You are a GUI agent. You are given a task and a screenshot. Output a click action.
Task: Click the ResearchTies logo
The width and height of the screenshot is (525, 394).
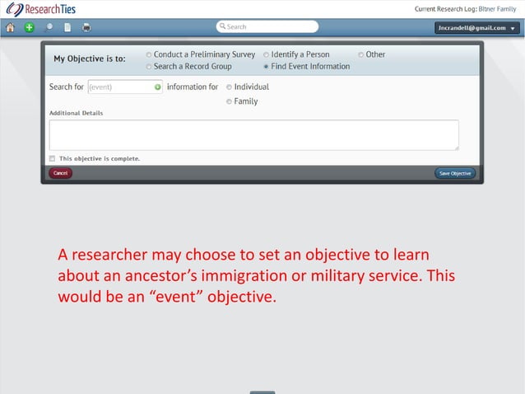(40, 9)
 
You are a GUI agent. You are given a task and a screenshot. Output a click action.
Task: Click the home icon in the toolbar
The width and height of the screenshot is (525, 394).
(11, 27)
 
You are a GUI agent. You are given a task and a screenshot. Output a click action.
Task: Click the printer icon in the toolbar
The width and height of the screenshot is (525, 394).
(86, 27)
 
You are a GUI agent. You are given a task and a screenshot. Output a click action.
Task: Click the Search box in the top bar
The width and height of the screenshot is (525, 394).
(267, 26)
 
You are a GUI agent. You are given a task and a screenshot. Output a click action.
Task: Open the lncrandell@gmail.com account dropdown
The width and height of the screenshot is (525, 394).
(477, 27)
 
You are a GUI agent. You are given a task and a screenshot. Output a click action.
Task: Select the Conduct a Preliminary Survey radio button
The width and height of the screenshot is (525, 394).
(148, 54)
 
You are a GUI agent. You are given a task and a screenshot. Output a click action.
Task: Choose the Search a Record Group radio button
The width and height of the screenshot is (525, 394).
(148, 66)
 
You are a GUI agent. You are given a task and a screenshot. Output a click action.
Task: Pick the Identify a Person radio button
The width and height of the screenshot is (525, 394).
(266, 54)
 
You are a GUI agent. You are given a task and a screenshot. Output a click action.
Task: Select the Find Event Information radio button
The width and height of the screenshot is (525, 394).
(266, 66)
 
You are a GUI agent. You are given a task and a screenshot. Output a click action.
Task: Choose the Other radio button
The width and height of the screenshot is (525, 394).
(360, 54)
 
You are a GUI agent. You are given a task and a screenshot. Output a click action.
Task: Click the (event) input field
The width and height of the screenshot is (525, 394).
(118, 87)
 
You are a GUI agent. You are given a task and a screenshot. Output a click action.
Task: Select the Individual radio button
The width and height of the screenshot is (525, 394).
(229, 87)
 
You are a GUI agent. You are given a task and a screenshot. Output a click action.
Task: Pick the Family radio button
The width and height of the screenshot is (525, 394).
(229, 101)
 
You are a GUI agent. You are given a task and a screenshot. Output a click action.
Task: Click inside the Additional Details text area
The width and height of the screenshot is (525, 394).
(253, 134)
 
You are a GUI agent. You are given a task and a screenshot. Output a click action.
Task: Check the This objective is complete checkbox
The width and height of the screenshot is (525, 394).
(52, 158)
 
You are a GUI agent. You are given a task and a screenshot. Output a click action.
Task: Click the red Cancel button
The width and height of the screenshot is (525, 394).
(61, 173)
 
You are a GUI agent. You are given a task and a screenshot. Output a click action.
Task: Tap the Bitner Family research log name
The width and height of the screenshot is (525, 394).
(497, 7)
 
